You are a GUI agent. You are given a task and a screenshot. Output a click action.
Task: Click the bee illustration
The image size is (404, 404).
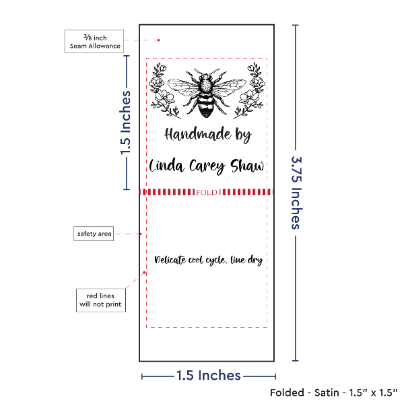pos(207,93)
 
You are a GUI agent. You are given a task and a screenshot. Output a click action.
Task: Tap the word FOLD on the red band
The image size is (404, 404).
pos(207,193)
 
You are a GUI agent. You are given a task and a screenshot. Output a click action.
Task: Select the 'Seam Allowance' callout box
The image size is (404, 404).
pos(94,42)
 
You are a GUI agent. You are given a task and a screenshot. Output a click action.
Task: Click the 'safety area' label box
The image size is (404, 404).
pos(94,234)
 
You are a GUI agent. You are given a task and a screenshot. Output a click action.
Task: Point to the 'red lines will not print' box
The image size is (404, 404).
pos(101,300)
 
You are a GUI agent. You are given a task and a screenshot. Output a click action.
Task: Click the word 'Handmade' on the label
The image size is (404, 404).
pos(197,134)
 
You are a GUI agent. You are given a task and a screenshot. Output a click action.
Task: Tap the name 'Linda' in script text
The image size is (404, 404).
pos(167,166)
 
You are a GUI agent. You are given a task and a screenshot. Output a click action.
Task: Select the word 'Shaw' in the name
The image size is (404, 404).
pos(247,166)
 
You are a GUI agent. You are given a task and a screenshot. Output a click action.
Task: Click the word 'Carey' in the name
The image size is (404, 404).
pos(207,167)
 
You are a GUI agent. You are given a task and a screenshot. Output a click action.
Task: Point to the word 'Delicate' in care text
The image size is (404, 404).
pos(170,260)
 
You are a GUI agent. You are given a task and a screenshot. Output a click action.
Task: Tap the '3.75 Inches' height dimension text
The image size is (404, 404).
pos(297,193)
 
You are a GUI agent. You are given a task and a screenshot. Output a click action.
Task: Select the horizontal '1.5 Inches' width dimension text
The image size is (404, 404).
pos(209,376)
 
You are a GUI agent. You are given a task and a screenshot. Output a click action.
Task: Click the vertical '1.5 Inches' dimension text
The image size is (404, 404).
pos(125,123)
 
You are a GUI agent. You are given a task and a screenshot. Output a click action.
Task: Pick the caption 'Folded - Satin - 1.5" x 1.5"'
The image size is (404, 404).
pos(334,393)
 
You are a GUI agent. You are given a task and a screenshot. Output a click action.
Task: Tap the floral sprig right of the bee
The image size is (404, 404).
pos(249,90)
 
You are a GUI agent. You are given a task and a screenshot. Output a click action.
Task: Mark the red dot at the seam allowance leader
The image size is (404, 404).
pos(158,40)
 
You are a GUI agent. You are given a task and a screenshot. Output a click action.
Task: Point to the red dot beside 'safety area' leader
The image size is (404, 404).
pos(141,234)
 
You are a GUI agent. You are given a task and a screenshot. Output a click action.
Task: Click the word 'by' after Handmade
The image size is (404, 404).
pos(243,135)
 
